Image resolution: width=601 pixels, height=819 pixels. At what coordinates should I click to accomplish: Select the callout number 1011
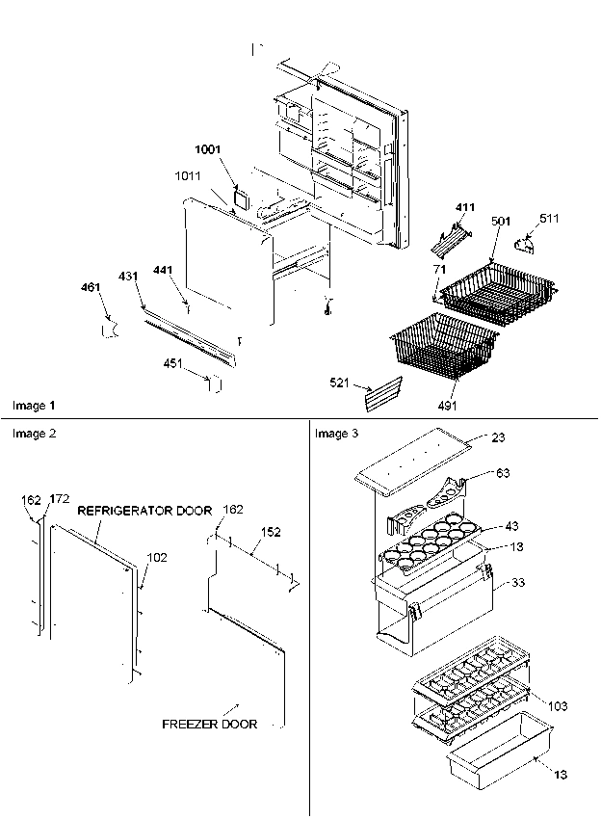(x=189, y=176)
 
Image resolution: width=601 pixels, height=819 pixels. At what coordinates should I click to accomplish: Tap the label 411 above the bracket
(x=466, y=207)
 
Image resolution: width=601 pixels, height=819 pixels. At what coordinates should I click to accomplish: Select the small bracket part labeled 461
(x=110, y=330)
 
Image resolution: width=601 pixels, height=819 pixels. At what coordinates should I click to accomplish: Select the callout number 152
(x=272, y=531)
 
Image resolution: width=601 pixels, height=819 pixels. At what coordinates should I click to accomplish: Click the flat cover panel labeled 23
(x=414, y=462)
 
